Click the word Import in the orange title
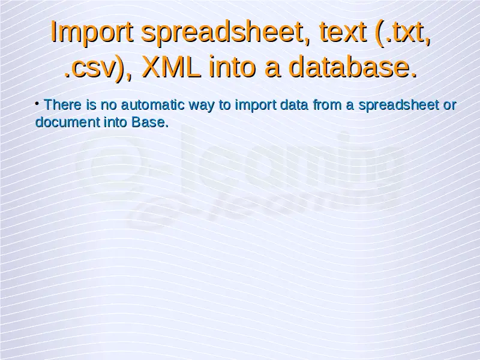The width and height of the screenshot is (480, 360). point(92,32)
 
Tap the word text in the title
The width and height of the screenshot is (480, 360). point(343,32)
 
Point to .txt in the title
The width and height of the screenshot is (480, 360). point(403,32)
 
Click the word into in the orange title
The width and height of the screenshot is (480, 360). point(232,66)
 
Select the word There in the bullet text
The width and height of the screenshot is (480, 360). point(63,104)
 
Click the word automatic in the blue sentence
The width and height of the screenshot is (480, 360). point(153,104)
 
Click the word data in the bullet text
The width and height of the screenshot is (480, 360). point(295,104)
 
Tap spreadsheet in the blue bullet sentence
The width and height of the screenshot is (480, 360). point(398,106)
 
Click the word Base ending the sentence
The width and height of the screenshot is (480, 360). point(150,122)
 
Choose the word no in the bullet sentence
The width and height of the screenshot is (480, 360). point(109,106)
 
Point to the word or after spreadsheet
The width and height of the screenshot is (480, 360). point(449,106)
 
